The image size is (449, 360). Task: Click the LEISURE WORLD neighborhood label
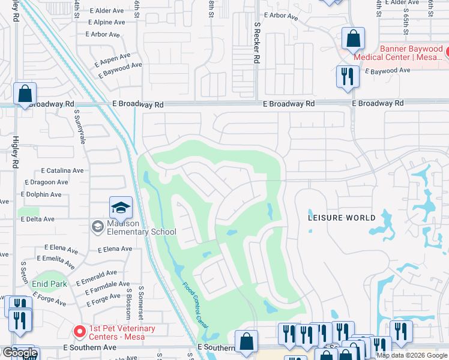tap(342, 218)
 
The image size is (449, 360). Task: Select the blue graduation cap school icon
tap(121, 208)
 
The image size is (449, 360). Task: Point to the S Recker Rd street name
tap(256, 43)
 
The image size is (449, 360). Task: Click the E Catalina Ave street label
tap(62, 171)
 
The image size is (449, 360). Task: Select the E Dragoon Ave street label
tap(46, 182)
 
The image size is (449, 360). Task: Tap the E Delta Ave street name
tap(37, 220)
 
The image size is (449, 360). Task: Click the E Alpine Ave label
tap(106, 22)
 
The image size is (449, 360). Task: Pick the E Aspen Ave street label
tap(112, 61)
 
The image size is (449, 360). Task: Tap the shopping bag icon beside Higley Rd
tap(25, 94)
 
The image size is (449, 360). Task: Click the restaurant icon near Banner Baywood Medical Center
tap(348, 77)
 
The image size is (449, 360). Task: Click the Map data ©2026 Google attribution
tap(412, 355)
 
